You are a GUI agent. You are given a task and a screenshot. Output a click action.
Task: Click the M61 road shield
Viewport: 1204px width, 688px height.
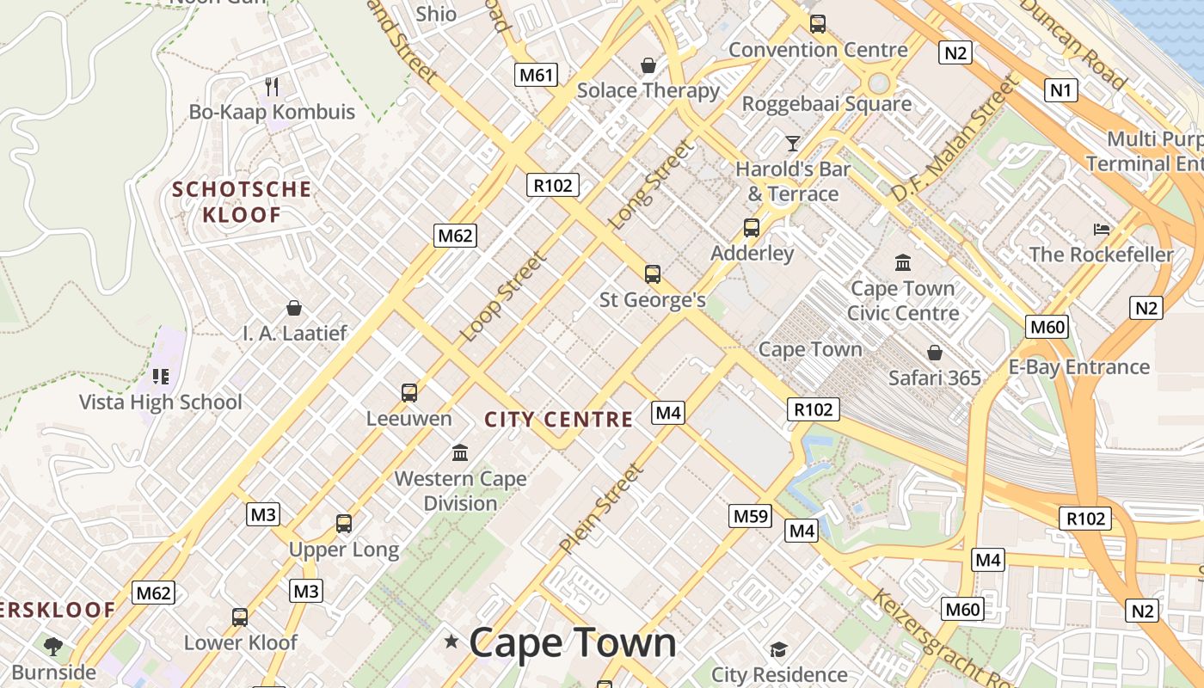click(536, 75)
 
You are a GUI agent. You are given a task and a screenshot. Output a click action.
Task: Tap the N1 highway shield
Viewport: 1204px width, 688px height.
click(1061, 89)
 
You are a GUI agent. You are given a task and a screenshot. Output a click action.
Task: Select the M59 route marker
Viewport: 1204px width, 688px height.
click(750, 516)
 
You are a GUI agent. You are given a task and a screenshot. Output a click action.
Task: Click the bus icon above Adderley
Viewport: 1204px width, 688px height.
click(752, 228)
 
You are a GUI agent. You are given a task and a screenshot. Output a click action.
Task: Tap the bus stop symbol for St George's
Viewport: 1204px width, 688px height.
click(653, 274)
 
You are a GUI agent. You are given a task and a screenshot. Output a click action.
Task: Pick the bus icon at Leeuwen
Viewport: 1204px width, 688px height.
click(409, 393)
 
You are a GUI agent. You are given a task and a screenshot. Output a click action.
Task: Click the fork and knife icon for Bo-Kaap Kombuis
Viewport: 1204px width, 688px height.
click(272, 86)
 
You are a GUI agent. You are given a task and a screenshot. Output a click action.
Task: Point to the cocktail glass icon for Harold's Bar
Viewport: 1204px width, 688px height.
click(793, 143)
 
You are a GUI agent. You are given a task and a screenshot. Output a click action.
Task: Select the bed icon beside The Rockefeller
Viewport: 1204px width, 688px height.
click(1102, 229)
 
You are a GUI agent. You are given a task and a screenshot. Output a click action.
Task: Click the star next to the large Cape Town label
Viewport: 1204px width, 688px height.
click(451, 641)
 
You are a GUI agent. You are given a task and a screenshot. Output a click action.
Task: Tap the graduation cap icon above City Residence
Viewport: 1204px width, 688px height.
click(778, 649)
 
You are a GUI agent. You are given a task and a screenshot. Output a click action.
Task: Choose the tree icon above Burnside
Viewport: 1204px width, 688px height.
click(53, 645)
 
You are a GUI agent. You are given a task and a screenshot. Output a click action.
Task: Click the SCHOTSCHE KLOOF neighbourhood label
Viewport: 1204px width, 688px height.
click(242, 202)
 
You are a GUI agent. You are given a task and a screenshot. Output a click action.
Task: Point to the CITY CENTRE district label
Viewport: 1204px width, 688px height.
click(559, 420)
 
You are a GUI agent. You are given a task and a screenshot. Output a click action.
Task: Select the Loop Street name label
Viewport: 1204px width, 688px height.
click(504, 297)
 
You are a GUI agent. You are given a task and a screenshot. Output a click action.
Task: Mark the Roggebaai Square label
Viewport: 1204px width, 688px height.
click(826, 104)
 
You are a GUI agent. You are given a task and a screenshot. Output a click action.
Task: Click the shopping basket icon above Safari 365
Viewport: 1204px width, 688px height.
click(935, 353)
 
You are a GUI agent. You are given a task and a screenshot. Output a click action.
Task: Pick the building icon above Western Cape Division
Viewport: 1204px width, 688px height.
click(460, 452)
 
